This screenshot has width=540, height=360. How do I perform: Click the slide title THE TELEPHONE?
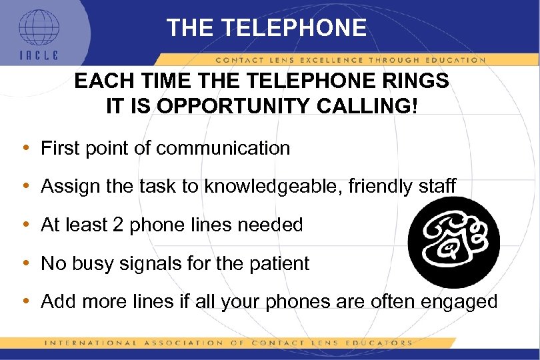click(x=267, y=28)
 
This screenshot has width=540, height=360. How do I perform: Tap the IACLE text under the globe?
click(x=38, y=57)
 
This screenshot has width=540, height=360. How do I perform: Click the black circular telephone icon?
click(x=453, y=242)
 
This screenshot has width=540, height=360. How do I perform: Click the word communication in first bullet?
click(x=223, y=148)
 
